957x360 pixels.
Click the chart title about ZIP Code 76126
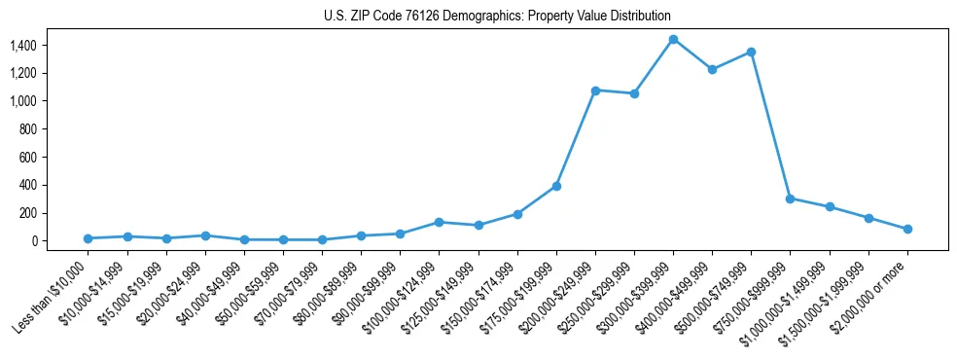(x=497, y=17)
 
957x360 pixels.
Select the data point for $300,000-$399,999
(x=673, y=39)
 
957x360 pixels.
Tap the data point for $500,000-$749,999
(x=751, y=52)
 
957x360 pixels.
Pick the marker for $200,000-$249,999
(x=595, y=90)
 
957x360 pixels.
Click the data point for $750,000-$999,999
(x=790, y=198)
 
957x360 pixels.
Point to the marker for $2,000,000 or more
(x=907, y=229)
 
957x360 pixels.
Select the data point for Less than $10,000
(x=88, y=238)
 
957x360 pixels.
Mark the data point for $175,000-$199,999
(x=556, y=186)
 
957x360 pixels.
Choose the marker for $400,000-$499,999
(x=712, y=69)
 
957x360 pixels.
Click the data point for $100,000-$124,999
(x=439, y=222)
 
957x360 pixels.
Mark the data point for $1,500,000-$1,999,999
(x=868, y=218)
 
